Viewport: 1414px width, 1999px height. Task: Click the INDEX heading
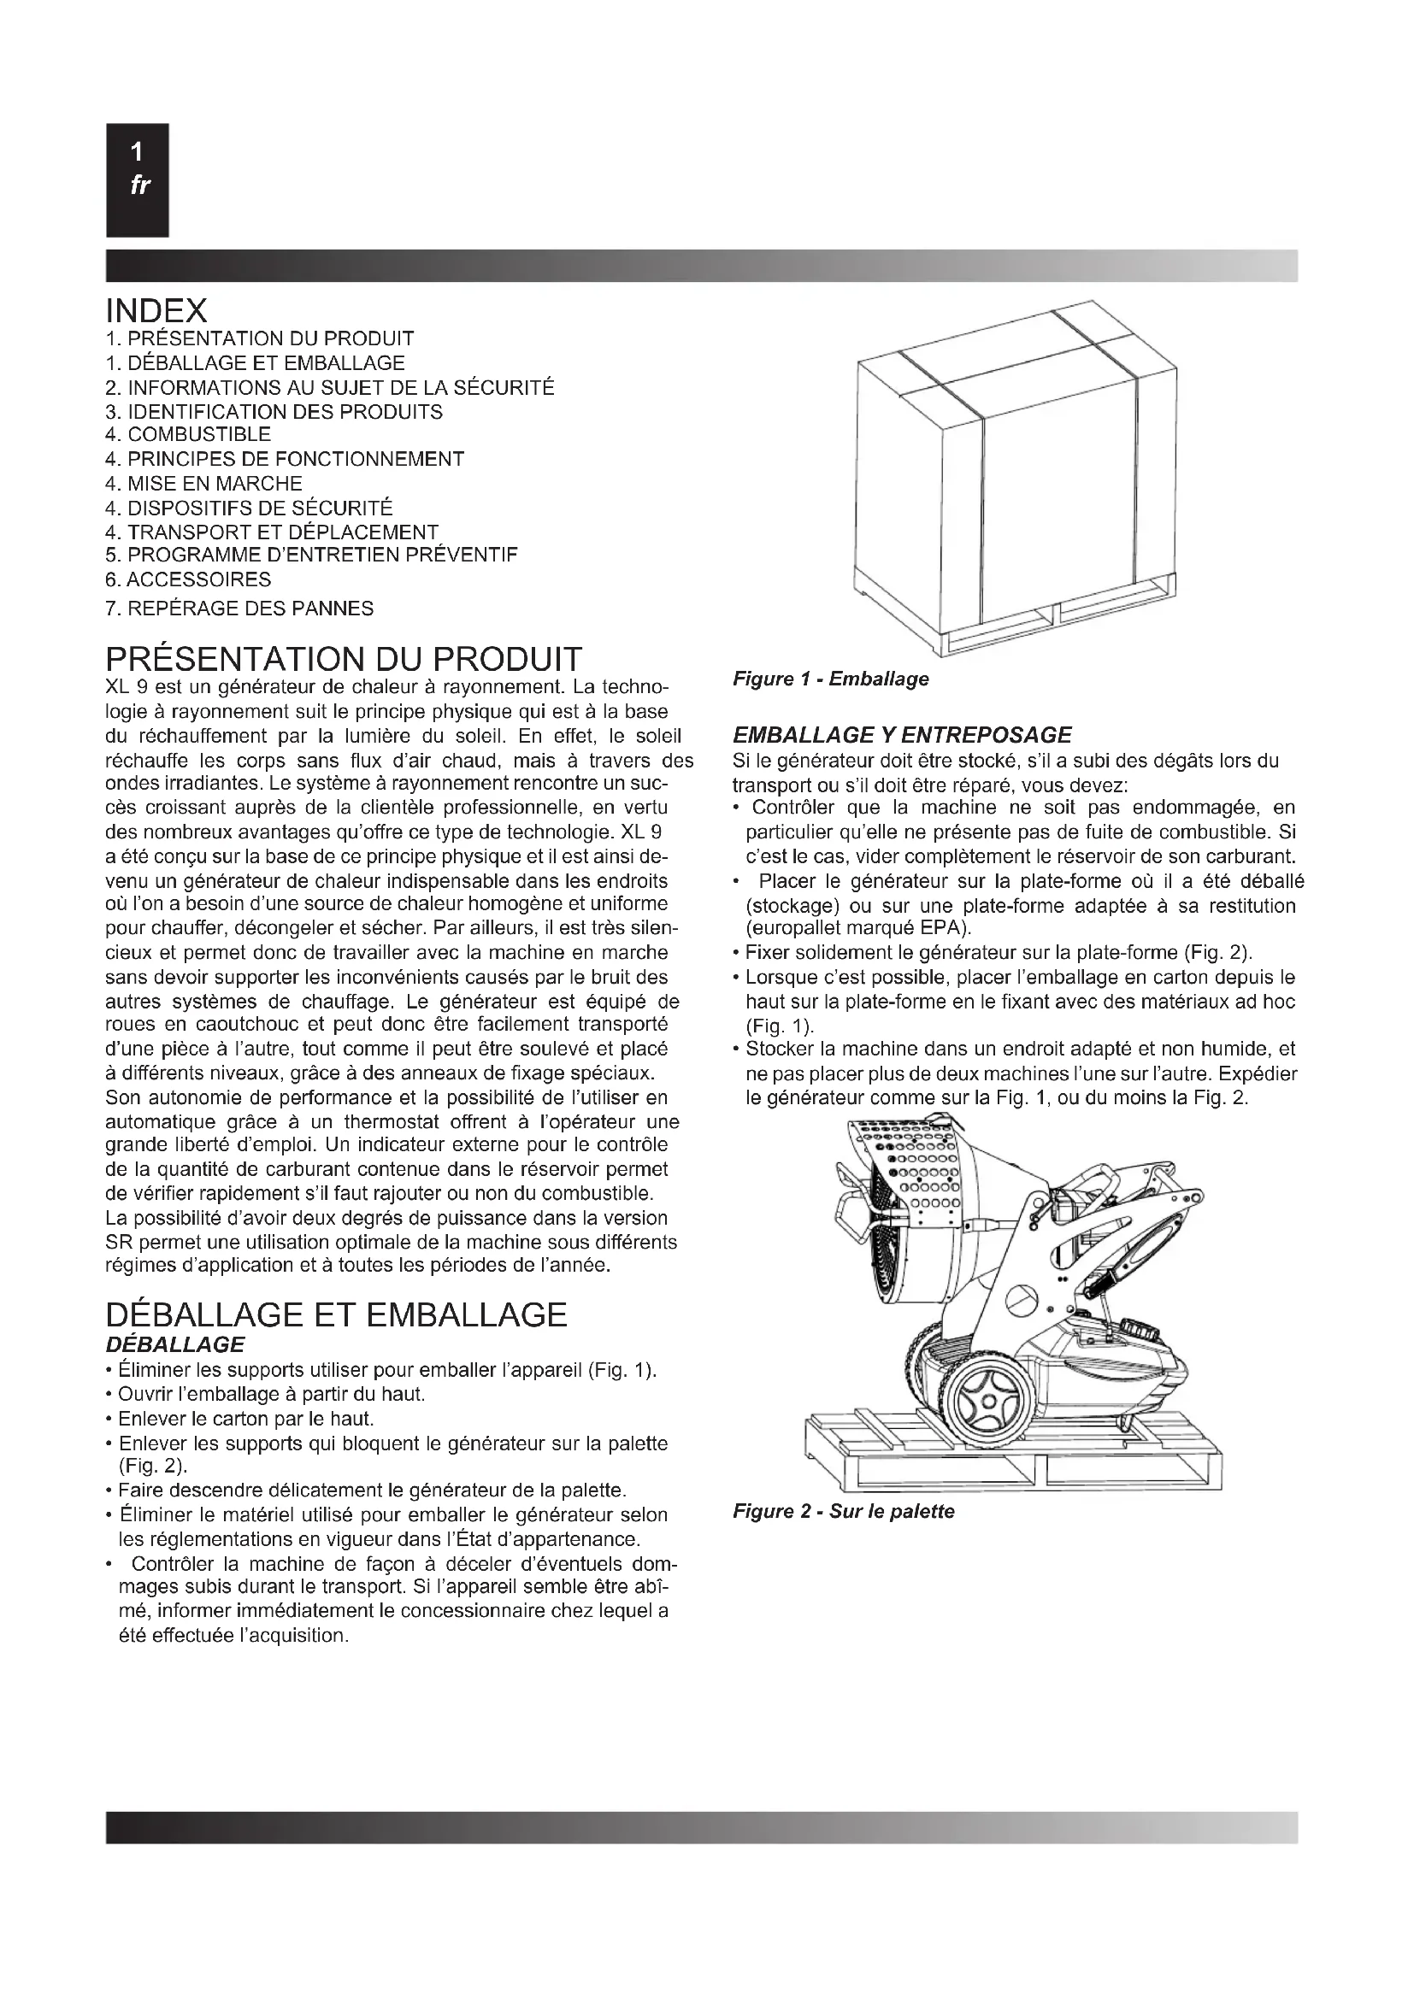pos(156,310)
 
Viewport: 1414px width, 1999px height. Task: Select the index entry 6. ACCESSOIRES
pos(188,579)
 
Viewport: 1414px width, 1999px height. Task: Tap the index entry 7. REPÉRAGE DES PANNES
pos(239,609)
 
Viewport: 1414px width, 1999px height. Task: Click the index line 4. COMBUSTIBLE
pos(188,434)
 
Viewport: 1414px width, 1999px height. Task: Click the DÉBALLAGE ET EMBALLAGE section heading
pos(336,1314)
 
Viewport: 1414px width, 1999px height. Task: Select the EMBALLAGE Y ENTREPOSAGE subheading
pos(902,735)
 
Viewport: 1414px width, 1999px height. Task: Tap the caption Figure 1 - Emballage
pos(831,679)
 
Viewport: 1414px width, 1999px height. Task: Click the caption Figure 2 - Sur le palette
pos(844,1512)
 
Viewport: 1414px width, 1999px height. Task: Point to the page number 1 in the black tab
pos(137,153)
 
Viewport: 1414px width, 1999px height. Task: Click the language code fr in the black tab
pos(138,185)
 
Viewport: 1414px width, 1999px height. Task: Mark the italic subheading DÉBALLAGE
pos(175,1345)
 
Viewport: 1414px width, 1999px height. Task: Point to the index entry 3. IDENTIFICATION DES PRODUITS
pos(274,412)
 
